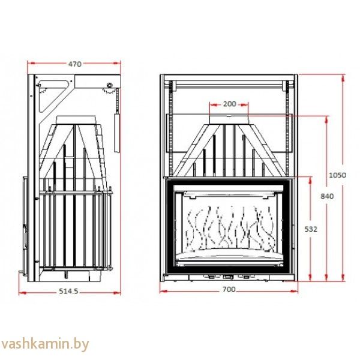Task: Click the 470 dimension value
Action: coord(74,64)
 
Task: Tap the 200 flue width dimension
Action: coord(229,103)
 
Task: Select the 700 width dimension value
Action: coord(229,290)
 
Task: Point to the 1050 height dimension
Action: coord(338,175)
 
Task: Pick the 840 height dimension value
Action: coord(327,196)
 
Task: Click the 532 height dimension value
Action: coord(311,229)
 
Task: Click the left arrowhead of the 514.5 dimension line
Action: coord(22,292)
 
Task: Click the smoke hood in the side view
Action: coord(75,144)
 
